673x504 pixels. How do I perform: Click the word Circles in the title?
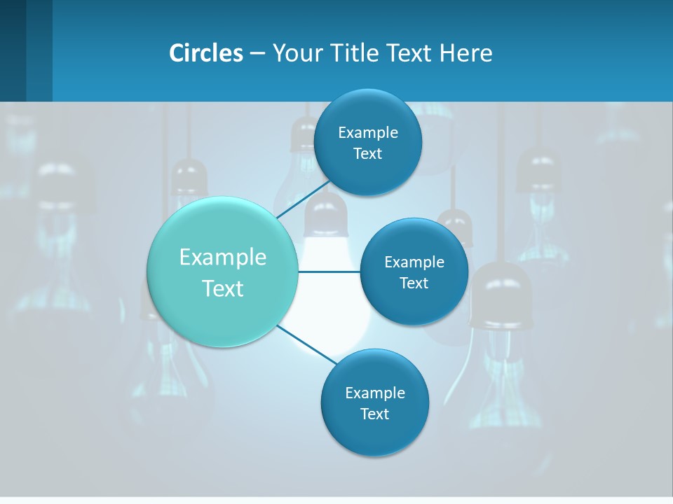tap(205, 53)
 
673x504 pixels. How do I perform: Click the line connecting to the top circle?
tap(303, 198)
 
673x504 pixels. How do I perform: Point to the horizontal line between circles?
tap(329, 272)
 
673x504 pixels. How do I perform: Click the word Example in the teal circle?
tap(223, 257)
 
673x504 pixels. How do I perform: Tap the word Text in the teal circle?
tap(223, 288)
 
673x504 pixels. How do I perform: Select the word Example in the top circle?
tap(367, 132)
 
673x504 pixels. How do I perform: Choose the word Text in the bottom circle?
tap(374, 414)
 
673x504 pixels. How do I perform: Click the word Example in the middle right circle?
tap(414, 262)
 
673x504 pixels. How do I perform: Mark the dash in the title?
tap(257, 53)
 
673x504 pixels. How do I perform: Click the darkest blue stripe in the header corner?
tap(13, 50)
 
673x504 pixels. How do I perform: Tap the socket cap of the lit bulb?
tap(327, 213)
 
